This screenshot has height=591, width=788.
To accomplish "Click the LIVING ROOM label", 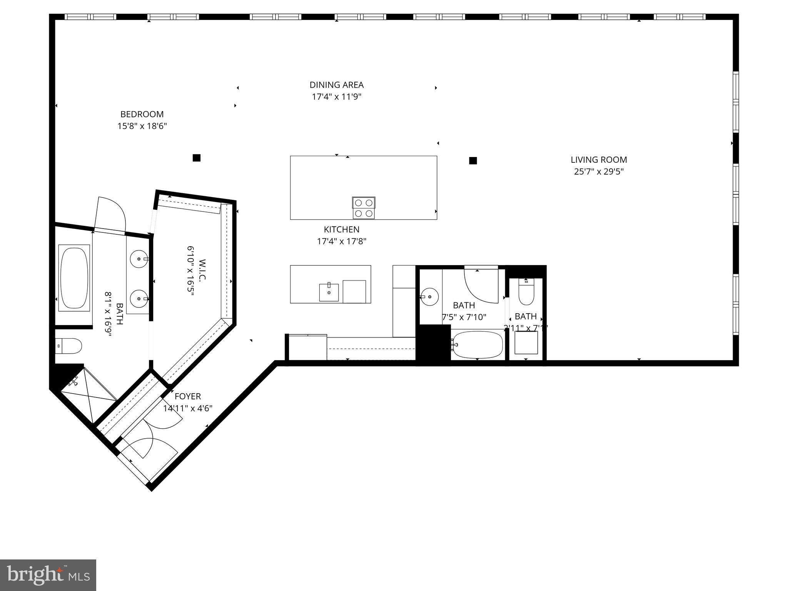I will click(x=598, y=160).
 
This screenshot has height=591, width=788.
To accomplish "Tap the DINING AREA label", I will click(x=336, y=85).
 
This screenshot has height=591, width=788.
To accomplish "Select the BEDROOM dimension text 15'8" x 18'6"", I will click(x=142, y=126).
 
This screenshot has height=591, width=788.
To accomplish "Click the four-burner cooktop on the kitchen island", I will click(x=363, y=208).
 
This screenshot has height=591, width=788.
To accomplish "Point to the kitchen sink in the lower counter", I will click(x=329, y=292).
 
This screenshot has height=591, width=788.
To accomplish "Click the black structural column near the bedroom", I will click(x=197, y=158).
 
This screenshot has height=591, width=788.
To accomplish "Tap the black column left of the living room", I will click(x=473, y=161).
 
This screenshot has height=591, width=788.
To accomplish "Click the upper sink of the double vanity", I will click(x=138, y=259).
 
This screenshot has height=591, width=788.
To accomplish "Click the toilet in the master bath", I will click(x=69, y=346).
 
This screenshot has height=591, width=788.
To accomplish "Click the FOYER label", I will click(x=188, y=396).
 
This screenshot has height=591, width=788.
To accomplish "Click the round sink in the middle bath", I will click(x=430, y=297).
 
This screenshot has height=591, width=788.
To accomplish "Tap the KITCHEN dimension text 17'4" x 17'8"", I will click(x=341, y=242).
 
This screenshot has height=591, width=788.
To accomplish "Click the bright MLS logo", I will click(x=48, y=575).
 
